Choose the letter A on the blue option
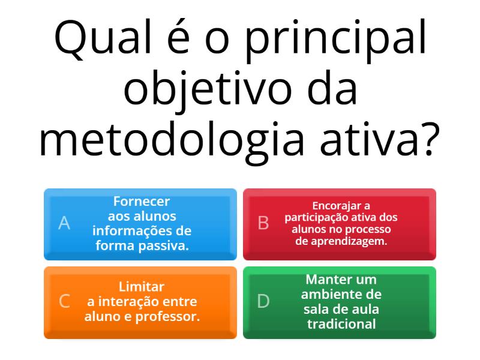[64, 223]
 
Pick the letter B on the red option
[263, 223]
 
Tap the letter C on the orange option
[64, 301]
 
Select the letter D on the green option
[263, 301]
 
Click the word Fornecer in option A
[142, 202]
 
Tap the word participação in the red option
[316, 217]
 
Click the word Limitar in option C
[142, 287]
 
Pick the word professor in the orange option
[171, 316]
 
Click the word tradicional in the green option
[341, 324]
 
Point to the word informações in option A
[127, 230]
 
